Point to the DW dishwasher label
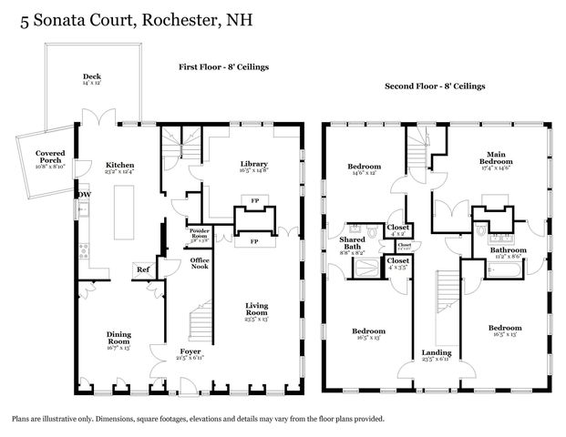pos(85,194)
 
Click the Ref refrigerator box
pos(142,269)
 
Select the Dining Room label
pos(119,339)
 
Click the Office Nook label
pos(199,264)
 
